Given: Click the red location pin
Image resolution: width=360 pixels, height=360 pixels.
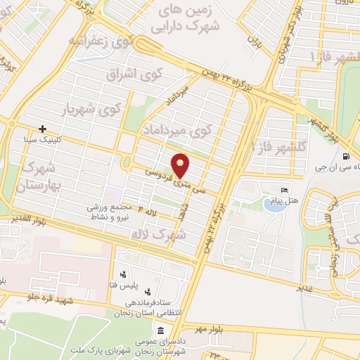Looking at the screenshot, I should (x=181, y=165).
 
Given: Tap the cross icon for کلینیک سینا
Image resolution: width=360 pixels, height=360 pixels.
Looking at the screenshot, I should (x=43, y=129).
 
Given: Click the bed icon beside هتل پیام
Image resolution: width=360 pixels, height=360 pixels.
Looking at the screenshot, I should (x=285, y=191).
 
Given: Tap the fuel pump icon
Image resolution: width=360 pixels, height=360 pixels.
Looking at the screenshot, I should (x=345, y=156).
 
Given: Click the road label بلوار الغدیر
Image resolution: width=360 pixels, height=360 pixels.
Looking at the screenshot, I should (x=29, y=219).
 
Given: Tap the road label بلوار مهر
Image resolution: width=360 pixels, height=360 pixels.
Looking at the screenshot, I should (x=196, y=328).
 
